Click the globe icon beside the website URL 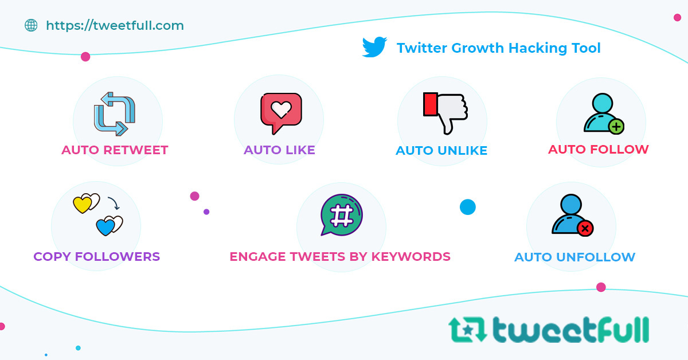[x=31, y=25]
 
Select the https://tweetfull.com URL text [x=115, y=25]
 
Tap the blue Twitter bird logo [x=374, y=48]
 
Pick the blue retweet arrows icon [x=115, y=114]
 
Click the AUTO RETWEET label [x=115, y=150]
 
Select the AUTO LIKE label [x=279, y=150]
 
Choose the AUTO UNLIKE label [x=441, y=151]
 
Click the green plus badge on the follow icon [x=616, y=126]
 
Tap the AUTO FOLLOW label [x=598, y=150]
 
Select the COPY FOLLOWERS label [x=96, y=256]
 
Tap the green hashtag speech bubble [x=342, y=215]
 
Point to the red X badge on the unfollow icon [x=585, y=229]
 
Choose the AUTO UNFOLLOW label [x=574, y=257]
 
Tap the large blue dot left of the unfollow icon [x=468, y=207]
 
